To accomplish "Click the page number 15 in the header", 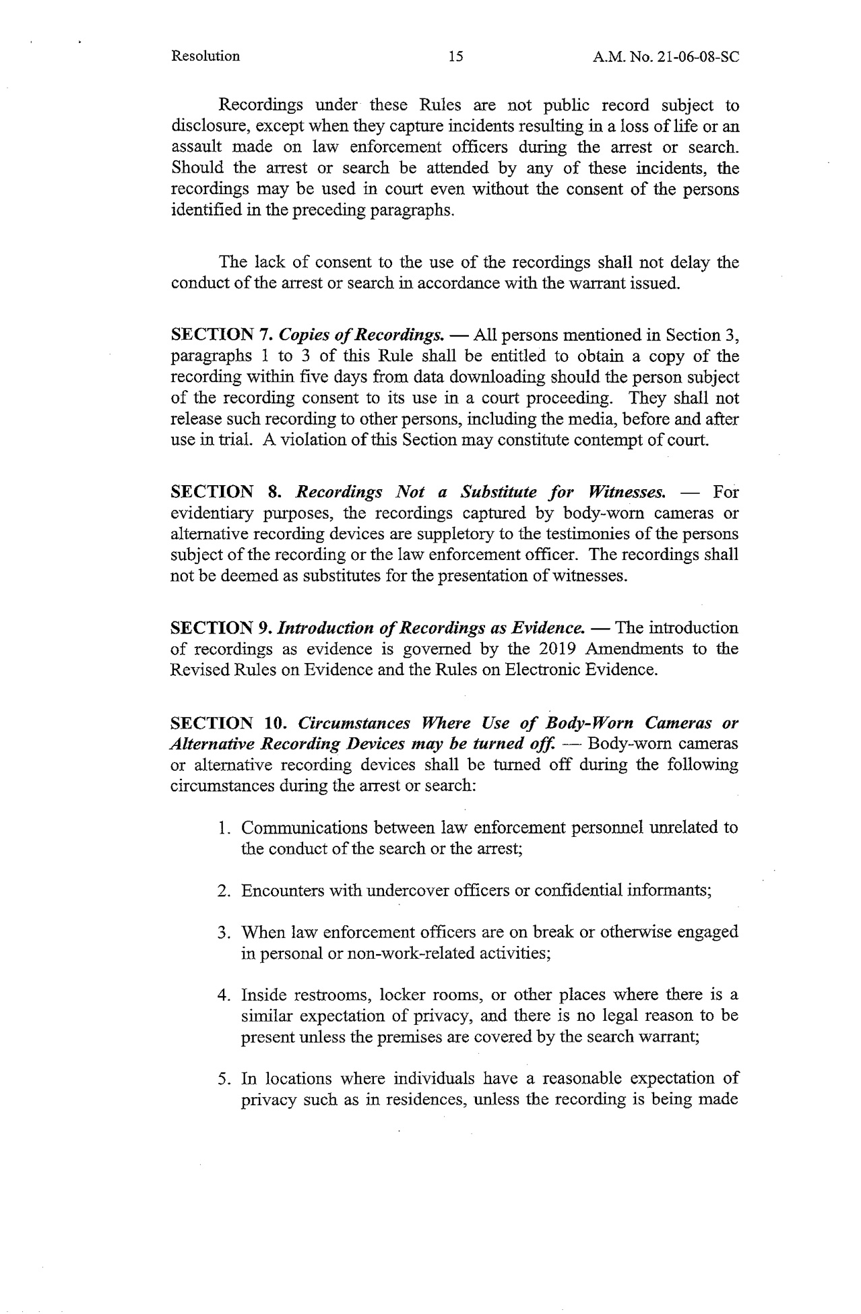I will [455, 57].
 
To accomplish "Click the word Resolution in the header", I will [205, 56].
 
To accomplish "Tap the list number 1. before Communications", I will [225, 827].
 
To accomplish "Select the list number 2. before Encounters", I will [225, 890].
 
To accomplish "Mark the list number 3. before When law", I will [225, 933].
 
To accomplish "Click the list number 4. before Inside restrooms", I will [225, 995].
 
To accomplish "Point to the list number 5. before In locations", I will [225, 1079].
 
